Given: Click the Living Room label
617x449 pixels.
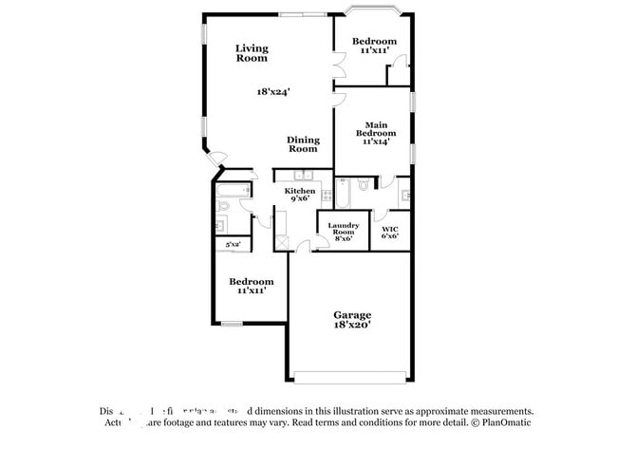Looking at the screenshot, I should click(252, 53).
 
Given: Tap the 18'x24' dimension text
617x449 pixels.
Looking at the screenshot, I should click(272, 92).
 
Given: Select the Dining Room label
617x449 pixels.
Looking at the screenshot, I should click(303, 144).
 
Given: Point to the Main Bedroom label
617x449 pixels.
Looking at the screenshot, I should click(375, 129).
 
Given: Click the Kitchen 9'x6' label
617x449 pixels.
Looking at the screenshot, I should click(300, 195).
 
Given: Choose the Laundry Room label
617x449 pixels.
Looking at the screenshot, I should click(342, 233).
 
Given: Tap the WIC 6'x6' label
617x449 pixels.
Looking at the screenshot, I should click(389, 233).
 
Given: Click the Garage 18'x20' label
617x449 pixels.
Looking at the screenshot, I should click(351, 319).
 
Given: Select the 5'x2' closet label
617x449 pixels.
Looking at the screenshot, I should click(233, 245).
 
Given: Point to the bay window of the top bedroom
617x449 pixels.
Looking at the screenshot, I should click(374, 12).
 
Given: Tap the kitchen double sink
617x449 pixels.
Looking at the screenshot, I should click(304, 176).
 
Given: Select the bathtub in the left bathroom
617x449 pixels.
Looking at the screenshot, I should click(231, 189).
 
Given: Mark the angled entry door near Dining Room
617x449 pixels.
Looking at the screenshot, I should click(217, 160).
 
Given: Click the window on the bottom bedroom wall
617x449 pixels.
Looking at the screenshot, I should click(233, 326).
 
